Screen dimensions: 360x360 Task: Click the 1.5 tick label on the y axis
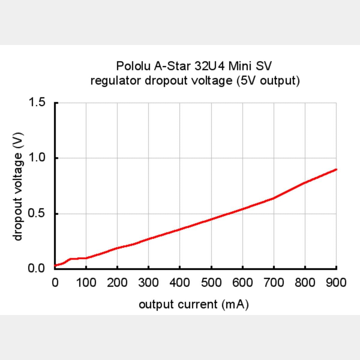coord(37,102)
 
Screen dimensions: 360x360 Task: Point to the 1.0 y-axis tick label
coord(37,158)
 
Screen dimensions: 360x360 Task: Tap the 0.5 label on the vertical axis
coord(37,214)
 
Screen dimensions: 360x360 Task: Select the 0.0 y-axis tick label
coord(37,268)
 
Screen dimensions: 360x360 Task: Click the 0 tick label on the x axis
coord(55,283)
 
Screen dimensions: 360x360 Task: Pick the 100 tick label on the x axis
coord(86,283)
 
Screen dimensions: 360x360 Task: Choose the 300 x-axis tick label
coord(148,283)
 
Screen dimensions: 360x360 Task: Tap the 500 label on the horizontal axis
coord(211,283)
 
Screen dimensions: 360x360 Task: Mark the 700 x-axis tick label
coord(274,283)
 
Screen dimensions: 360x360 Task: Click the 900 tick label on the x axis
coord(336,283)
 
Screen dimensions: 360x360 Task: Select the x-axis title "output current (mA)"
coord(194,304)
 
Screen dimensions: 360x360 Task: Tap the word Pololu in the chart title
coord(134,66)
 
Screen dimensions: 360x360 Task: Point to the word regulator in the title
coord(116,81)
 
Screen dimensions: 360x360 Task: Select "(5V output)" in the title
coord(268,81)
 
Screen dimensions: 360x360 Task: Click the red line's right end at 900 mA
coord(336,169)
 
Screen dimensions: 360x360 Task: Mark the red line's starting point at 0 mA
coord(55,265)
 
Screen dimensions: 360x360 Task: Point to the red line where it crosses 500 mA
coord(211,219)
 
